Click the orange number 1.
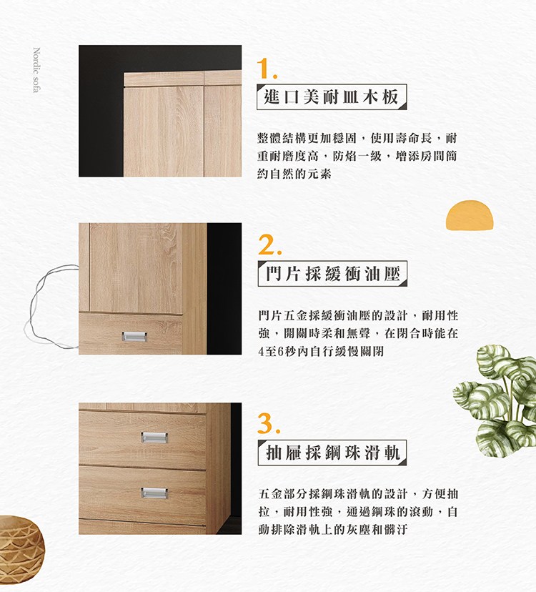(x=267, y=69)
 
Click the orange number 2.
(x=269, y=245)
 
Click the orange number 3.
(x=269, y=423)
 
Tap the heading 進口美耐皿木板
(x=332, y=97)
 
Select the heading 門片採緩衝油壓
(x=332, y=273)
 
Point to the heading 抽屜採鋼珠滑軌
(x=332, y=453)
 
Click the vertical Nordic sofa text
(x=36, y=70)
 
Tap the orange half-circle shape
(x=470, y=215)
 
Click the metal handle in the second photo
(x=134, y=337)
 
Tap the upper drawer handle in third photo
(x=154, y=437)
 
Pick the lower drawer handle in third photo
(x=154, y=493)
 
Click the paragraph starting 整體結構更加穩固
(x=357, y=156)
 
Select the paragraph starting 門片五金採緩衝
(x=358, y=333)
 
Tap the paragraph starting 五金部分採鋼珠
(x=358, y=511)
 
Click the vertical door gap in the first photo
(x=204, y=124)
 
